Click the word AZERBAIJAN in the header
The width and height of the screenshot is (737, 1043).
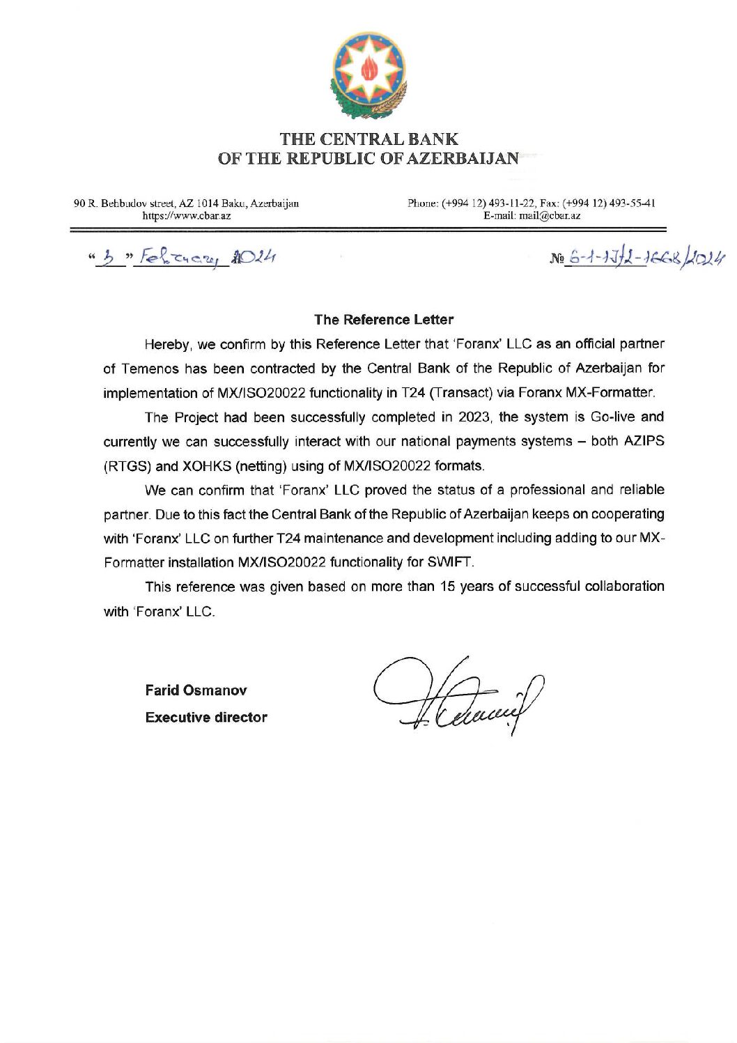(x=462, y=158)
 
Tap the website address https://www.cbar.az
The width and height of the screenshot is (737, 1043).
(x=187, y=216)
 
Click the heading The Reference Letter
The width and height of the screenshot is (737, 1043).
(x=383, y=320)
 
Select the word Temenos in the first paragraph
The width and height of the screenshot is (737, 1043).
(x=151, y=369)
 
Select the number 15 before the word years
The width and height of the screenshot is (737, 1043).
(x=447, y=587)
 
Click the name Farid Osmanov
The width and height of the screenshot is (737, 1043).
(x=196, y=690)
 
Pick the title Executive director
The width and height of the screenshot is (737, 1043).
(x=206, y=718)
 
